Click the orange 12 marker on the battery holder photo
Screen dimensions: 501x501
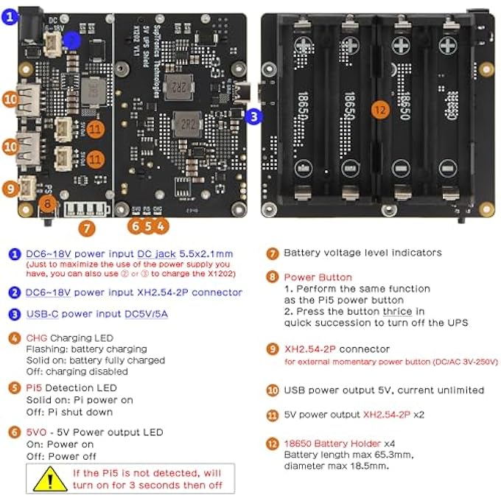click(379, 108)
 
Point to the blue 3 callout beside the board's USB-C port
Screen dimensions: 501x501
click(253, 116)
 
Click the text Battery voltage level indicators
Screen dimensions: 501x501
click(362, 253)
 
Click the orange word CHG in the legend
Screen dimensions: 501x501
click(35, 338)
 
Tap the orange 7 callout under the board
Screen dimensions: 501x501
click(87, 228)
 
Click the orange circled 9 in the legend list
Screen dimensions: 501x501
click(272, 349)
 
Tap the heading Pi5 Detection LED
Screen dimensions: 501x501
click(71, 388)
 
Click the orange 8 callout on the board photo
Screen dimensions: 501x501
click(46, 203)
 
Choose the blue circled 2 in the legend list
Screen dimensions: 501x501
click(14, 292)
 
